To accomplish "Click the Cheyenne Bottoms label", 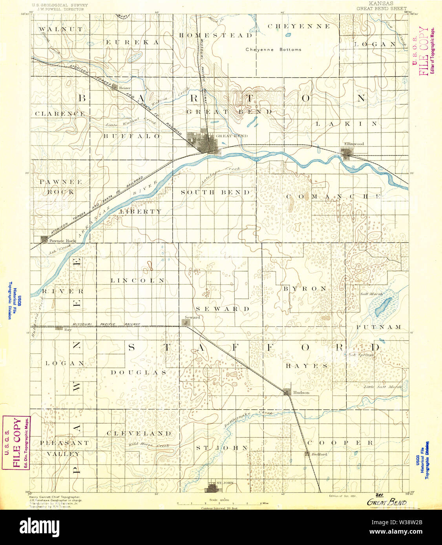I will click(x=273, y=50).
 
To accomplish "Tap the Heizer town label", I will click(x=125, y=88).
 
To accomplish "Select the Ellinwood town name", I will click(x=354, y=144).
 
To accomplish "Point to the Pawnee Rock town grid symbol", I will click(x=44, y=239).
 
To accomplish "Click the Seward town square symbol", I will click(x=186, y=322).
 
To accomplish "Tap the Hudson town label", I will click(x=301, y=392).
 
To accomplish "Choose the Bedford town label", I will click(x=320, y=454).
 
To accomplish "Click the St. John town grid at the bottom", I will click(x=212, y=489).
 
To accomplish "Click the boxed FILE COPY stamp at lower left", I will click(x=16, y=443).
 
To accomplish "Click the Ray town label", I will click(x=68, y=330).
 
